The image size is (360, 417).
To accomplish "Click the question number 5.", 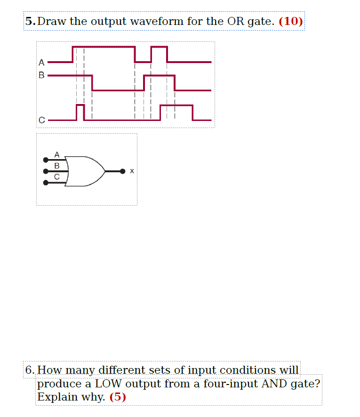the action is pyautogui.click(x=30, y=21).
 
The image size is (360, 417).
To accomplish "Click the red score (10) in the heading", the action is pyautogui.click(x=291, y=21).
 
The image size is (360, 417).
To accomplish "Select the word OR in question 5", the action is pyautogui.click(x=235, y=21).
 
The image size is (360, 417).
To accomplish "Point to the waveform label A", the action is pyautogui.click(x=41, y=62).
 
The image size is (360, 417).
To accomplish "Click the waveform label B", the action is pyautogui.click(x=41, y=75).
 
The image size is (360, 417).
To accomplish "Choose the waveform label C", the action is pyautogui.click(x=41, y=120).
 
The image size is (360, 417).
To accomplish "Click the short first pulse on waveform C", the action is pyautogui.click(x=80, y=112).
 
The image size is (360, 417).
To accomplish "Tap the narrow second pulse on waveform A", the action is pyautogui.click(x=159, y=54).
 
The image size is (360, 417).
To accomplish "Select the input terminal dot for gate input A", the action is pyautogui.click(x=46, y=160).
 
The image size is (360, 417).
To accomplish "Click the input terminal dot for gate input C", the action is pyautogui.click(x=46, y=183).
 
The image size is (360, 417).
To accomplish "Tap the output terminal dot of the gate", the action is pyautogui.click(x=122, y=171).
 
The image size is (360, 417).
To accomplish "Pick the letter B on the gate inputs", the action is pyautogui.click(x=57, y=166).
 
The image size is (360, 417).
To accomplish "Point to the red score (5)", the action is pyautogui.click(x=118, y=397).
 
